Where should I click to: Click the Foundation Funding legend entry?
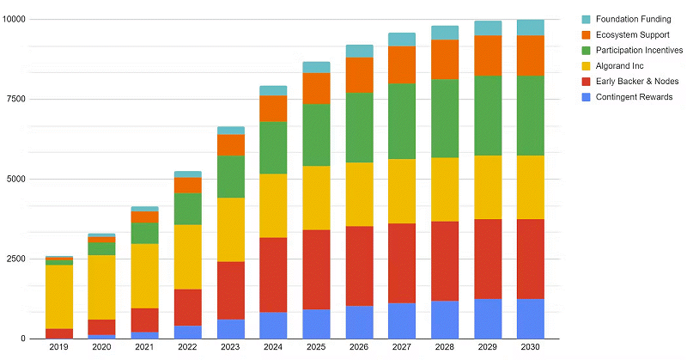click(614, 19)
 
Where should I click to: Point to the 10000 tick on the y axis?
click(14, 19)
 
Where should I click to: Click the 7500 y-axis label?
click(16, 99)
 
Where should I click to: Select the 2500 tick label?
click(16, 259)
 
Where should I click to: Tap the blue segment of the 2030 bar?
click(530, 318)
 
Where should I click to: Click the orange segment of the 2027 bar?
click(402, 64)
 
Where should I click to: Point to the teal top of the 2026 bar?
click(359, 51)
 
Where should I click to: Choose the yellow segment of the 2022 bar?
click(188, 257)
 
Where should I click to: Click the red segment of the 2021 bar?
click(145, 320)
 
